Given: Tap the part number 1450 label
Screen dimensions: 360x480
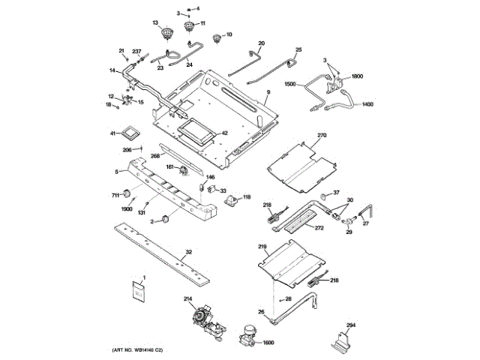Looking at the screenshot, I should point(367,105).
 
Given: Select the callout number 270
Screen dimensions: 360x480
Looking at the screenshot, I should point(322,136).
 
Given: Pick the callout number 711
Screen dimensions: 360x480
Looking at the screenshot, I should point(116,195).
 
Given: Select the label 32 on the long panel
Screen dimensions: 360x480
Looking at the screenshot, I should point(189,252).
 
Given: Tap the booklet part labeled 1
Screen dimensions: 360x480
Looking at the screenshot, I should point(139,293).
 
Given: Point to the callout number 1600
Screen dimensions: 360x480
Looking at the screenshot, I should point(268,343).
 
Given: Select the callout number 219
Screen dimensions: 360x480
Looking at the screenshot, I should point(262,247).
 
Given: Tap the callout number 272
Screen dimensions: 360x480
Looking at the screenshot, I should point(318,226).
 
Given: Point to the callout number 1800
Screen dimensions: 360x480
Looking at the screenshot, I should point(357,76).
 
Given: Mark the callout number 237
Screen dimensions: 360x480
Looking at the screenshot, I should point(136,51).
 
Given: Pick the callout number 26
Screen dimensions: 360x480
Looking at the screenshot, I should point(262,311).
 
